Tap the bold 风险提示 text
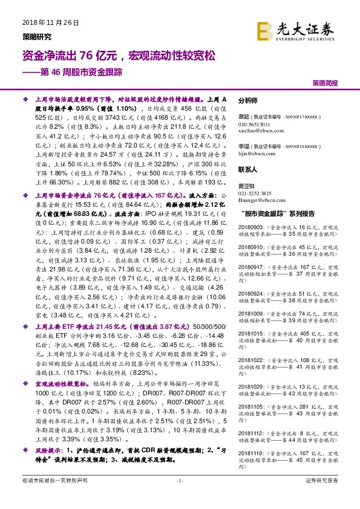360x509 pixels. [50, 451]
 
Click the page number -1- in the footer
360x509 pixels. [180, 480]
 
